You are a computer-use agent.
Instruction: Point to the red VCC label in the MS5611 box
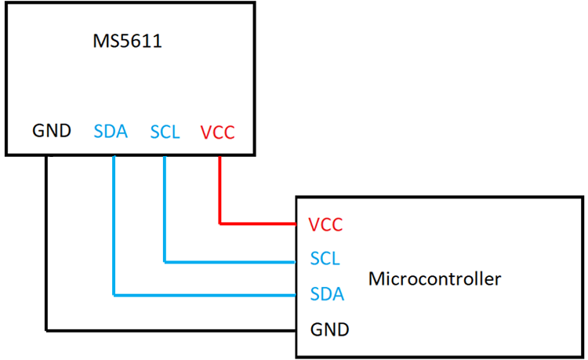pos(217,132)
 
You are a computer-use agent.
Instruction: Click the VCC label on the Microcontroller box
pos(325,225)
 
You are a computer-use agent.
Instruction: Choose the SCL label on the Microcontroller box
pos(325,259)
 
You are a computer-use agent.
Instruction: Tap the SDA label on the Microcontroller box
pos(326,294)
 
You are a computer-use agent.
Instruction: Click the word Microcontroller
pos(434,278)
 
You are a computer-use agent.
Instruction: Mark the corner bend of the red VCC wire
pos(220,224)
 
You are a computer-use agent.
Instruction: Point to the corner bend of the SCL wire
pos(165,260)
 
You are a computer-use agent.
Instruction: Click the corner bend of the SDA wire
pos(114,295)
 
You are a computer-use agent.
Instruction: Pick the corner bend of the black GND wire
pos(46,328)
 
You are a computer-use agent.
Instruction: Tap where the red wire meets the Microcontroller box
pos(295,224)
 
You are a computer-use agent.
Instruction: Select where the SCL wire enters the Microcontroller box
pos(295,260)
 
